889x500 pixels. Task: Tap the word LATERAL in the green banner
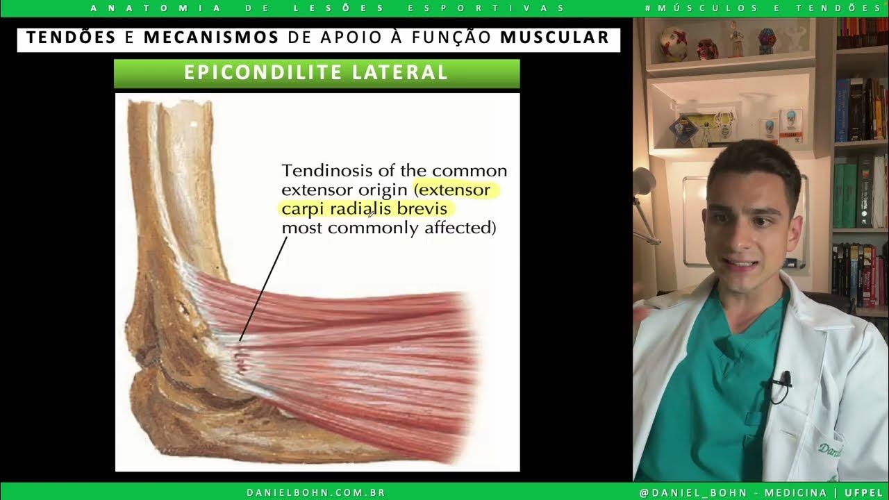(405, 73)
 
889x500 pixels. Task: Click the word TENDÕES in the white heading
(72, 37)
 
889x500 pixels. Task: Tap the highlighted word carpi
(299, 209)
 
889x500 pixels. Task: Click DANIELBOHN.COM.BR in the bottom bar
(316, 492)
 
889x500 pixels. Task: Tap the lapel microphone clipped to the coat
(785, 379)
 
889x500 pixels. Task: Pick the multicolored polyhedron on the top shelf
(766, 40)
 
